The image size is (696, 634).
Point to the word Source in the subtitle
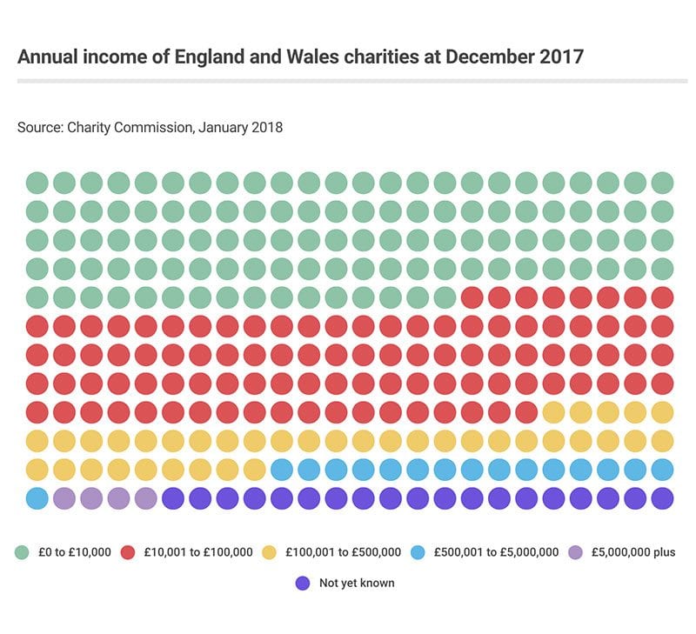[38, 127]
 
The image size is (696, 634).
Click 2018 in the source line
[264, 127]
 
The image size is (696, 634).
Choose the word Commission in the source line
[153, 127]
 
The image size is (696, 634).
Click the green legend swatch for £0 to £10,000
[23, 552]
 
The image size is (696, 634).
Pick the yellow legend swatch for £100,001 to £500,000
[269, 552]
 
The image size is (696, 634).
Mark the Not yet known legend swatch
[302, 583]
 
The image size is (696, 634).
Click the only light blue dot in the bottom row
[37, 498]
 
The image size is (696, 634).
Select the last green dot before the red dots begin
[445, 297]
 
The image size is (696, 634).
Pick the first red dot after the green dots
[472, 297]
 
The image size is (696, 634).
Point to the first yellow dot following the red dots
[553, 412]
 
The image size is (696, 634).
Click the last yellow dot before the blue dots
[254, 470]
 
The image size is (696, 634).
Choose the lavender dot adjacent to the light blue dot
[64, 498]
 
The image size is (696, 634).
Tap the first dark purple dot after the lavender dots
[172, 498]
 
